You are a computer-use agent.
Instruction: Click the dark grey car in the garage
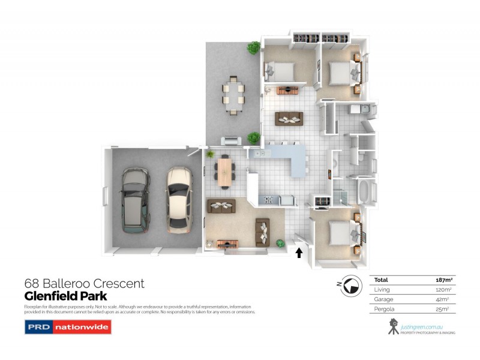[x=135, y=200]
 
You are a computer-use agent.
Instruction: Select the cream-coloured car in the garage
[x=179, y=200]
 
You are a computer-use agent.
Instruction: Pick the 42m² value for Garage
[x=445, y=299]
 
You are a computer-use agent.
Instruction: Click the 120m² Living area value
[x=443, y=289]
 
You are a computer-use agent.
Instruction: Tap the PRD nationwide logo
[x=67, y=327]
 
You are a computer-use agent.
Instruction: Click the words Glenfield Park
[x=65, y=296]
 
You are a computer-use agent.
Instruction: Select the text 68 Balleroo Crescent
[x=84, y=283]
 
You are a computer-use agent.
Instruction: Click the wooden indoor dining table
[x=224, y=170]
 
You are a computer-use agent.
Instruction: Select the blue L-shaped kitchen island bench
[x=288, y=157]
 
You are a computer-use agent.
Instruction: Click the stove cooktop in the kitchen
[x=268, y=200]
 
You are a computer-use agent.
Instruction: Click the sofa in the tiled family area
[x=289, y=119]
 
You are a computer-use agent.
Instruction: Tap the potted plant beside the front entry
[x=280, y=243]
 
